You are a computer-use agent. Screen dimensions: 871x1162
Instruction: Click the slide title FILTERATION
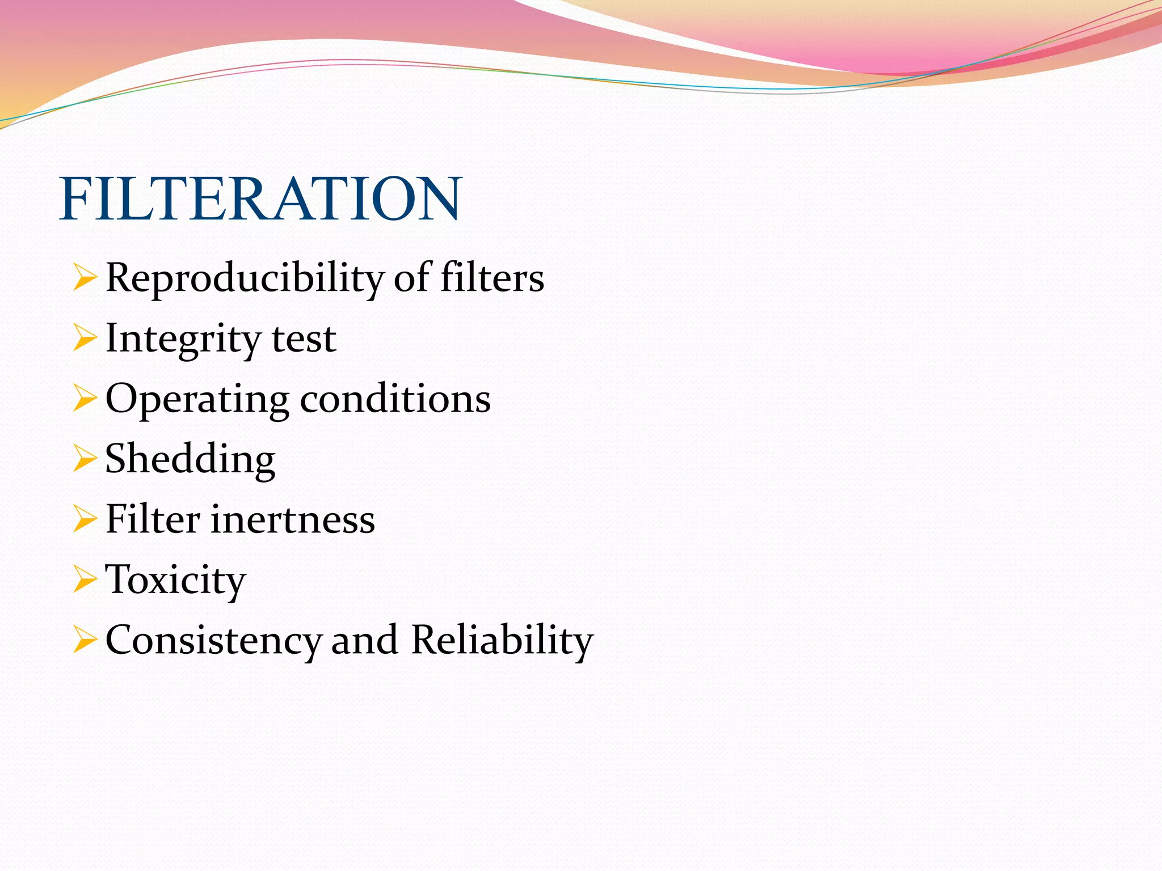pyautogui.click(x=260, y=199)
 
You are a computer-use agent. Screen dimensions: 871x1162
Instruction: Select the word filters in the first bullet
pyautogui.click(x=492, y=278)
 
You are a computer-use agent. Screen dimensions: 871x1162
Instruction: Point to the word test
pyautogui.click(x=304, y=339)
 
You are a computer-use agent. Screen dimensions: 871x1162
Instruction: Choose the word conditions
pyautogui.click(x=395, y=399)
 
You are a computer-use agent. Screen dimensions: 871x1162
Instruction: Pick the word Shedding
pyautogui.click(x=190, y=460)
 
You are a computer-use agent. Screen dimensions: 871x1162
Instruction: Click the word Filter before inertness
pyautogui.click(x=153, y=519)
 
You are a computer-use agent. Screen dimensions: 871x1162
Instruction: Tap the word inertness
pyautogui.click(x=293, y=520)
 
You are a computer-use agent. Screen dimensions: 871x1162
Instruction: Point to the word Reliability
pyautogui.click(x=502, y=640)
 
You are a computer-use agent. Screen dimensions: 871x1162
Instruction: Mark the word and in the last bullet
pyautogui.click(x=364, y=641)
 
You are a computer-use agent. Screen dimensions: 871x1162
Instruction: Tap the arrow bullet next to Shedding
pyautogui.click(x=85, y=460)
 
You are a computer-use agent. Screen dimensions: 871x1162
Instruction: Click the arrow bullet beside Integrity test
pyautogui.click(x=85, y=339)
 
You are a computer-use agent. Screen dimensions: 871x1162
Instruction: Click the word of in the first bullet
pyautogui.click(x=412, y=278)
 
